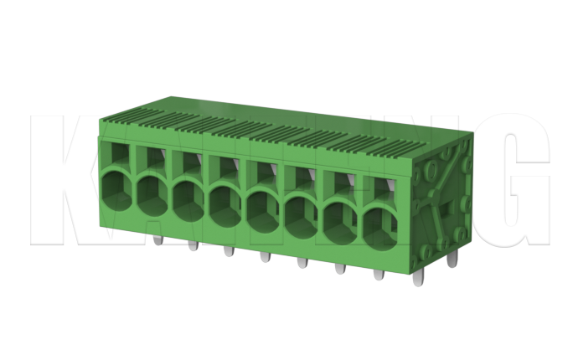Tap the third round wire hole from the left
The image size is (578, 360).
188,197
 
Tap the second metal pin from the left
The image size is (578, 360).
193,245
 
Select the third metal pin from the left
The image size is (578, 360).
229,251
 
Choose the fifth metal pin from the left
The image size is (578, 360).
302,263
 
